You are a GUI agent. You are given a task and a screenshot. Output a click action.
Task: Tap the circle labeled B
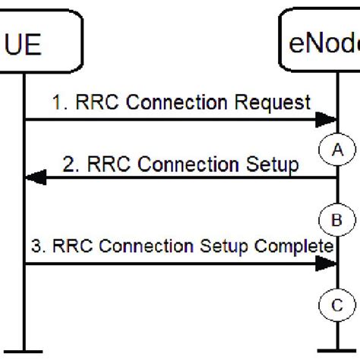(336, 220)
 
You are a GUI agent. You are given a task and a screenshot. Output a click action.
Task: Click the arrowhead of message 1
(327, 119)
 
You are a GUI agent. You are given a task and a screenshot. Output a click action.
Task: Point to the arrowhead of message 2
(35, 178)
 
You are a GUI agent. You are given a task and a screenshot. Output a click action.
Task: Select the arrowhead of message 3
(327, 264)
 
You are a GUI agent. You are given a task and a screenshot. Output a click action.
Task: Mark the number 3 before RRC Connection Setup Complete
(37, 245)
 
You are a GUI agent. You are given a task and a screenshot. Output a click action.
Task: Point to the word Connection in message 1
(191, 101)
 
